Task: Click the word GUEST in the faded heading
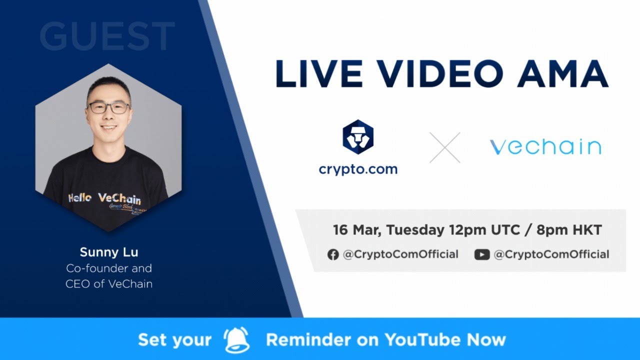click(x=107, y=36)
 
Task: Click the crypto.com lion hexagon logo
click(x=358, y=137)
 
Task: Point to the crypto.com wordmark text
click(x=358, y=169)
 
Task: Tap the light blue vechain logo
click(x=545, y=147)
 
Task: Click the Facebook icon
click(x=333, y=254)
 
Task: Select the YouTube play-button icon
click(x=482, y=254)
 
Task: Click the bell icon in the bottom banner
click(x=237, y=340)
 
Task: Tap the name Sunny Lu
click(x=109, y=251)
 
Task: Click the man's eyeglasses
click(x=108, y=107)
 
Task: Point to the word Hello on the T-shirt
click(x=80, y=198)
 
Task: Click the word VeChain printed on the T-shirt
click(x=119, y=198)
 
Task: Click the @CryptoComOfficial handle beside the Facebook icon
click(x=400, y=254)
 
